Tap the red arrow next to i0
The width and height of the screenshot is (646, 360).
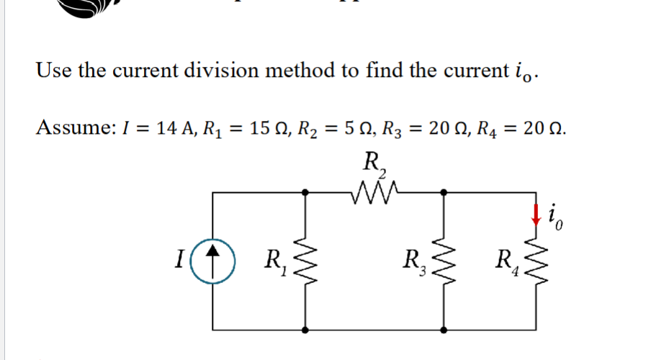pyautogui.click(x=535, y=214)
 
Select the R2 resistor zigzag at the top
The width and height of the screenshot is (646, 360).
pyautogui.click(x=374, y=193)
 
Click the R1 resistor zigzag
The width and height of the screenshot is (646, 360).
pyautogui.click(x=306, y=261)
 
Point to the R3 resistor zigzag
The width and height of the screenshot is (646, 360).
pyautogui.click(x=444, y=261)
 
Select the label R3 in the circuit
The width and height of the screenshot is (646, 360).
pyautogui.click(x=415, y=261)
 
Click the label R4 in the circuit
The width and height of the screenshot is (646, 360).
pyautogui.click(x=506, y=261)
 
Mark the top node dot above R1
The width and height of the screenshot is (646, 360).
pyautogui.click(x=306, y=192)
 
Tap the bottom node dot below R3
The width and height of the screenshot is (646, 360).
pyautogui.click(x=444, y=330)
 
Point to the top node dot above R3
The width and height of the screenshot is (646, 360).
pyautogui.click(x=444, y=192)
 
